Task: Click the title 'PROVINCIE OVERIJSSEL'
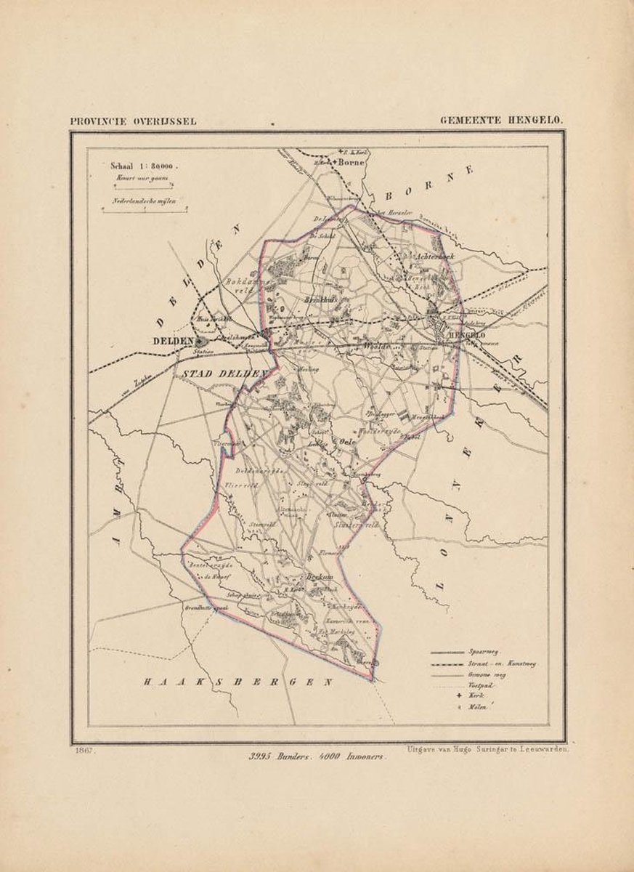tap(133, 121)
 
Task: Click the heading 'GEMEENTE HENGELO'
tap(501, 121)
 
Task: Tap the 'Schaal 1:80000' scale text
tap(144, 165)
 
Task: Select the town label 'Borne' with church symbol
tap(351, 163)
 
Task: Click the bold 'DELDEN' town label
tap(171, 340)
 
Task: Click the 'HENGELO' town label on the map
tap(466, 334)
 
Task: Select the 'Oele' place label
tap(347, 440)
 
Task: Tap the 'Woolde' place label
tap(378, 347)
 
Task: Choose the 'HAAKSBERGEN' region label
tap(237, 682)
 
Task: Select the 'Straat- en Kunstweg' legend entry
tap(502, 664)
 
